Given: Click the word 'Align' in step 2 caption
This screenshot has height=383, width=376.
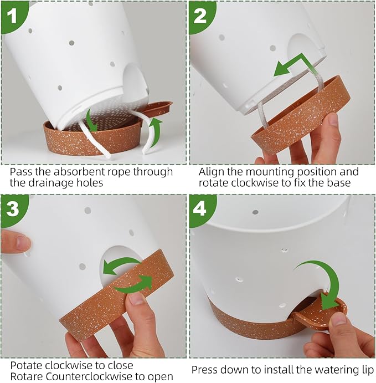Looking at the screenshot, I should pyautogui.click(x=211, y=172).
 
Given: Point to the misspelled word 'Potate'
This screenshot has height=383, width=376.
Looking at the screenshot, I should pyautogui.click(x=25, y=365).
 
